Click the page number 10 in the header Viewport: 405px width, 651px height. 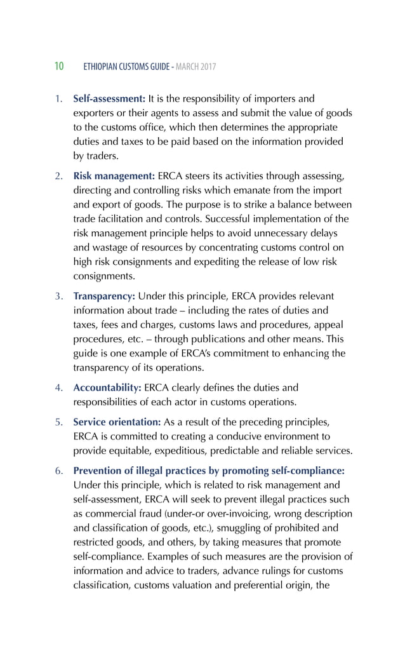click(x=58, y=67)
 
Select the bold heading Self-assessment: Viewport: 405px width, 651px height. click(x=109, y=99)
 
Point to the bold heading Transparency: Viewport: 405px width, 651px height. click(x=104, y=297)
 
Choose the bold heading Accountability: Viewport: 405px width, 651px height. click(x=107, y=387)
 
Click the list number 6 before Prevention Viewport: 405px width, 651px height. click(x=58, y=471)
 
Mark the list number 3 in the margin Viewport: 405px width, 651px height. click(x=58, y=297)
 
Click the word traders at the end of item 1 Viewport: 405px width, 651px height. click(x=101, y=155)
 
